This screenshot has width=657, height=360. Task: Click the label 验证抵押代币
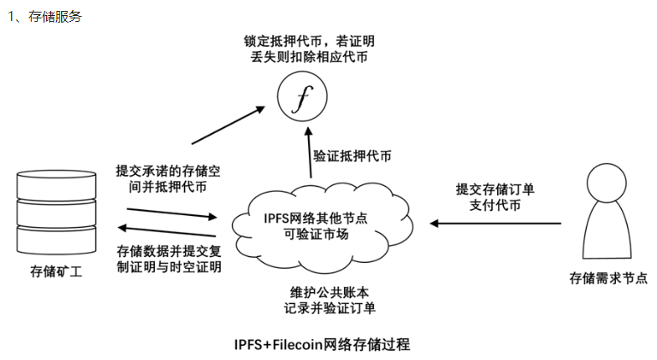coord(351,157)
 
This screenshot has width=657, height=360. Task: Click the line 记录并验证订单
coord(329,308)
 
